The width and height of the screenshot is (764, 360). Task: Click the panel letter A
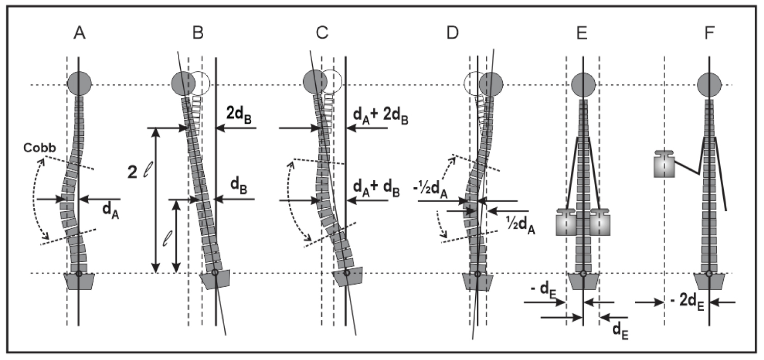tap(79, 33)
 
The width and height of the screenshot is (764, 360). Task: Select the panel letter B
tap(198, 33)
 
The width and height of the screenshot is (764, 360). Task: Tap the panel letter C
tap(322, 33)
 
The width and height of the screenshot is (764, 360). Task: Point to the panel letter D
tap(453, 33)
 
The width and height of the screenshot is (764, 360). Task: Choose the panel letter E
tap(582, 33)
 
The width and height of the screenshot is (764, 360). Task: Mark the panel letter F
tap(710, 33)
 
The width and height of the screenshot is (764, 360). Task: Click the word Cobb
tap(40, 148)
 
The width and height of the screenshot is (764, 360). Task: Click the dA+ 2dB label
tap(380, 117)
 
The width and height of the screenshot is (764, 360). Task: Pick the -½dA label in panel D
tap(430, 190)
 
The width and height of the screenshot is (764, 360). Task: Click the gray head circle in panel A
tap(79, 84)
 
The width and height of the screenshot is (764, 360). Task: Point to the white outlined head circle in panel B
tap(201, 84)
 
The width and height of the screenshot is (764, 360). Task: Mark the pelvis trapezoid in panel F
tap(709, 282)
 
